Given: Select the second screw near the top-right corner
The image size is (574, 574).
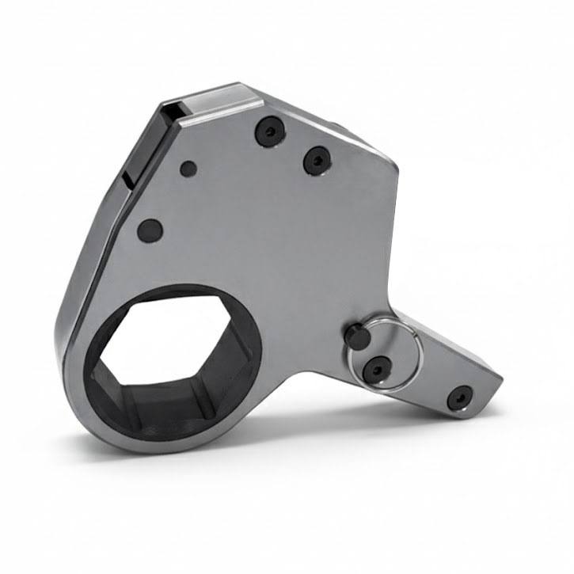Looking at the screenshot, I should click(317, 161).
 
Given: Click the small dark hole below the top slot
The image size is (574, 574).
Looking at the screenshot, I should click(188, 169).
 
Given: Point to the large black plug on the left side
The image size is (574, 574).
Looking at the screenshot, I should click(150, 230).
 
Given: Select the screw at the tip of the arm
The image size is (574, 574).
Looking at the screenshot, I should click(459, 397).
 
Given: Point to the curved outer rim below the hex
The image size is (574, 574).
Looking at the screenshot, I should click(158, 443).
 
